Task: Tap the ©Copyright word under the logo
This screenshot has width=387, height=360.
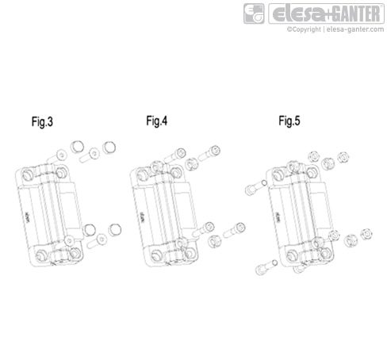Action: coord(305,30)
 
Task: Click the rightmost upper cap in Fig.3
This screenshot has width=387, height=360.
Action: coord(110,147)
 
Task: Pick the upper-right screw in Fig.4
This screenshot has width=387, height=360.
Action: coord(213,150)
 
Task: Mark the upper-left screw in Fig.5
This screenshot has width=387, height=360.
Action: coord(251,188)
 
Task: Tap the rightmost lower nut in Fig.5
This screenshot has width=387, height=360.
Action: coord(366,235)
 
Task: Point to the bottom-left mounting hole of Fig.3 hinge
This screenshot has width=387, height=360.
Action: coord(40,255)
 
